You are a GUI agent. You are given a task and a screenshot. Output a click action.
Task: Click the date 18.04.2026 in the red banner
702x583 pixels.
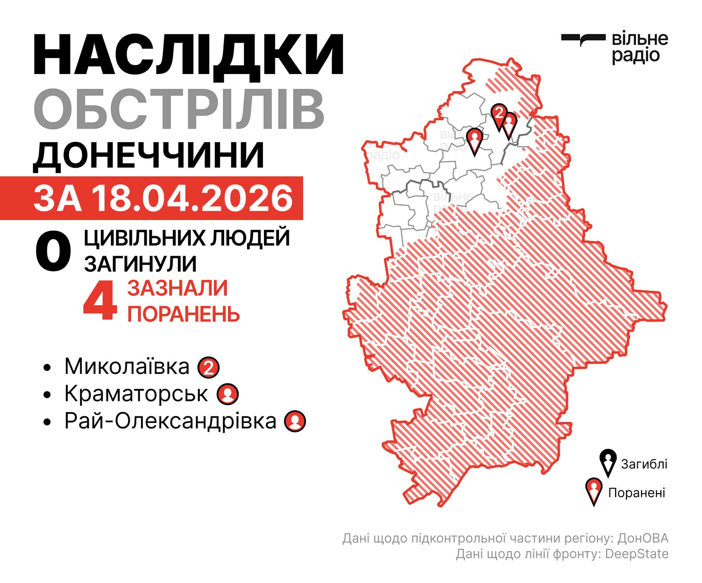coord(192,198)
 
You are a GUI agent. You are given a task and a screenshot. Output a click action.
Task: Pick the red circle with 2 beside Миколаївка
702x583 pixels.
coord(209,368)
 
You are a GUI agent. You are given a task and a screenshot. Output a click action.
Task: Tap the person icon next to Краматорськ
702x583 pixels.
coord(228,394)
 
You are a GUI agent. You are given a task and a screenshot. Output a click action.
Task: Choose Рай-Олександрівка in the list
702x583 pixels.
coord(170,421)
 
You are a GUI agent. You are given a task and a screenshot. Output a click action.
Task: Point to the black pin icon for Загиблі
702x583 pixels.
coord(608,463)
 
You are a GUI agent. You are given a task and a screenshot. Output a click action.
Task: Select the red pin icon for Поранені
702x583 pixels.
coord(594,491)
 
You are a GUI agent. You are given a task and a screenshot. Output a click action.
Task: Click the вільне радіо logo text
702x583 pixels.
coord(640,48)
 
